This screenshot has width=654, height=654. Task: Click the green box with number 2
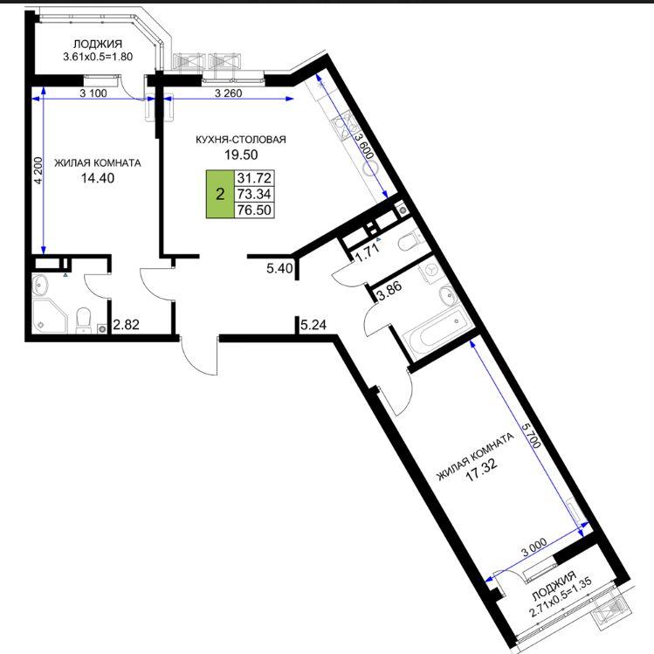point(220,194)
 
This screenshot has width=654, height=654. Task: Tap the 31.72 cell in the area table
point(254,178)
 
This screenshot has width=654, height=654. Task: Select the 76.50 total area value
point(254,210)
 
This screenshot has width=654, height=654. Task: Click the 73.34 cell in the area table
point(254,194)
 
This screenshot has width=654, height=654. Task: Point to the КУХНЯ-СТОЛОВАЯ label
point(241,140)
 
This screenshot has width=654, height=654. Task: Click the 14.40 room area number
point(98,178)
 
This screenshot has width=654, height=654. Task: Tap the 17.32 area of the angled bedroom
point(481,471)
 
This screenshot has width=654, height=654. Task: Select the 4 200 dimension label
point(38,170)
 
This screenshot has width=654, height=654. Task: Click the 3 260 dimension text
point(228,93)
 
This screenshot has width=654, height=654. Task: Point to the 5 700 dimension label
point(531,434)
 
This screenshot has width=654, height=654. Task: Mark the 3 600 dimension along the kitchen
point(363,146)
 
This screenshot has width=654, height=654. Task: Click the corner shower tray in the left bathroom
point(50,316)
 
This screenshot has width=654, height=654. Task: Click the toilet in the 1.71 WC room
point(410,241)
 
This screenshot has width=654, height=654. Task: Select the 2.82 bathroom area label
point(126,324)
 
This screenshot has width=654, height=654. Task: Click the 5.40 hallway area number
point(279,268)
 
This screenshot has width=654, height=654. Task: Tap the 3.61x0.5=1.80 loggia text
point(98,57)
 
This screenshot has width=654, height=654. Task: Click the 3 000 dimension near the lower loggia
point(534,547)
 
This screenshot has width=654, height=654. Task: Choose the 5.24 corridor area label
point(313,324)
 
